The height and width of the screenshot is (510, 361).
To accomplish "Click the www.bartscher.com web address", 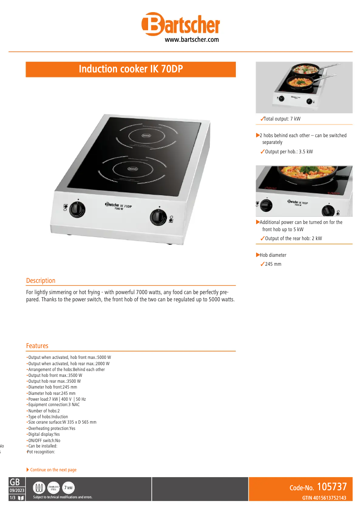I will click(192, 40).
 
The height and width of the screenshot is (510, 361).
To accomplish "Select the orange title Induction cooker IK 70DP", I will click(131, 69).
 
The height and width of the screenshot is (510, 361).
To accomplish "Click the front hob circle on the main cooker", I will click(132, 169).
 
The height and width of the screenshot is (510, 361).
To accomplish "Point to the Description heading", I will click(41, 281).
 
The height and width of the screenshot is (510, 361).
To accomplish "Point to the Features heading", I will click(37, 346).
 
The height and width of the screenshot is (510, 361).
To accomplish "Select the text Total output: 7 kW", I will click(282, 119).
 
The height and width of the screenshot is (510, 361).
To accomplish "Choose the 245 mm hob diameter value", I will click(273, 264).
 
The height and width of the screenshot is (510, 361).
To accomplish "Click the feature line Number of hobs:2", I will click(44, 411).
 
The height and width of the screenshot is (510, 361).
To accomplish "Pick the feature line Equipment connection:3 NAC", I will click(54, 405).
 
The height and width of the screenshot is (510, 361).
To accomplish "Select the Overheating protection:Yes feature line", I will click(51, 429).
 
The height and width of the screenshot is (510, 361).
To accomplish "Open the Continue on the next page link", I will click(53, 470).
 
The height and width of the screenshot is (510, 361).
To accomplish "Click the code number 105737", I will click(332, 487).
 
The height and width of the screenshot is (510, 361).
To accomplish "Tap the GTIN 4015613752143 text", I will click(324, 498).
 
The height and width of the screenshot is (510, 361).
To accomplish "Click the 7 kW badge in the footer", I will click(68, 488).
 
